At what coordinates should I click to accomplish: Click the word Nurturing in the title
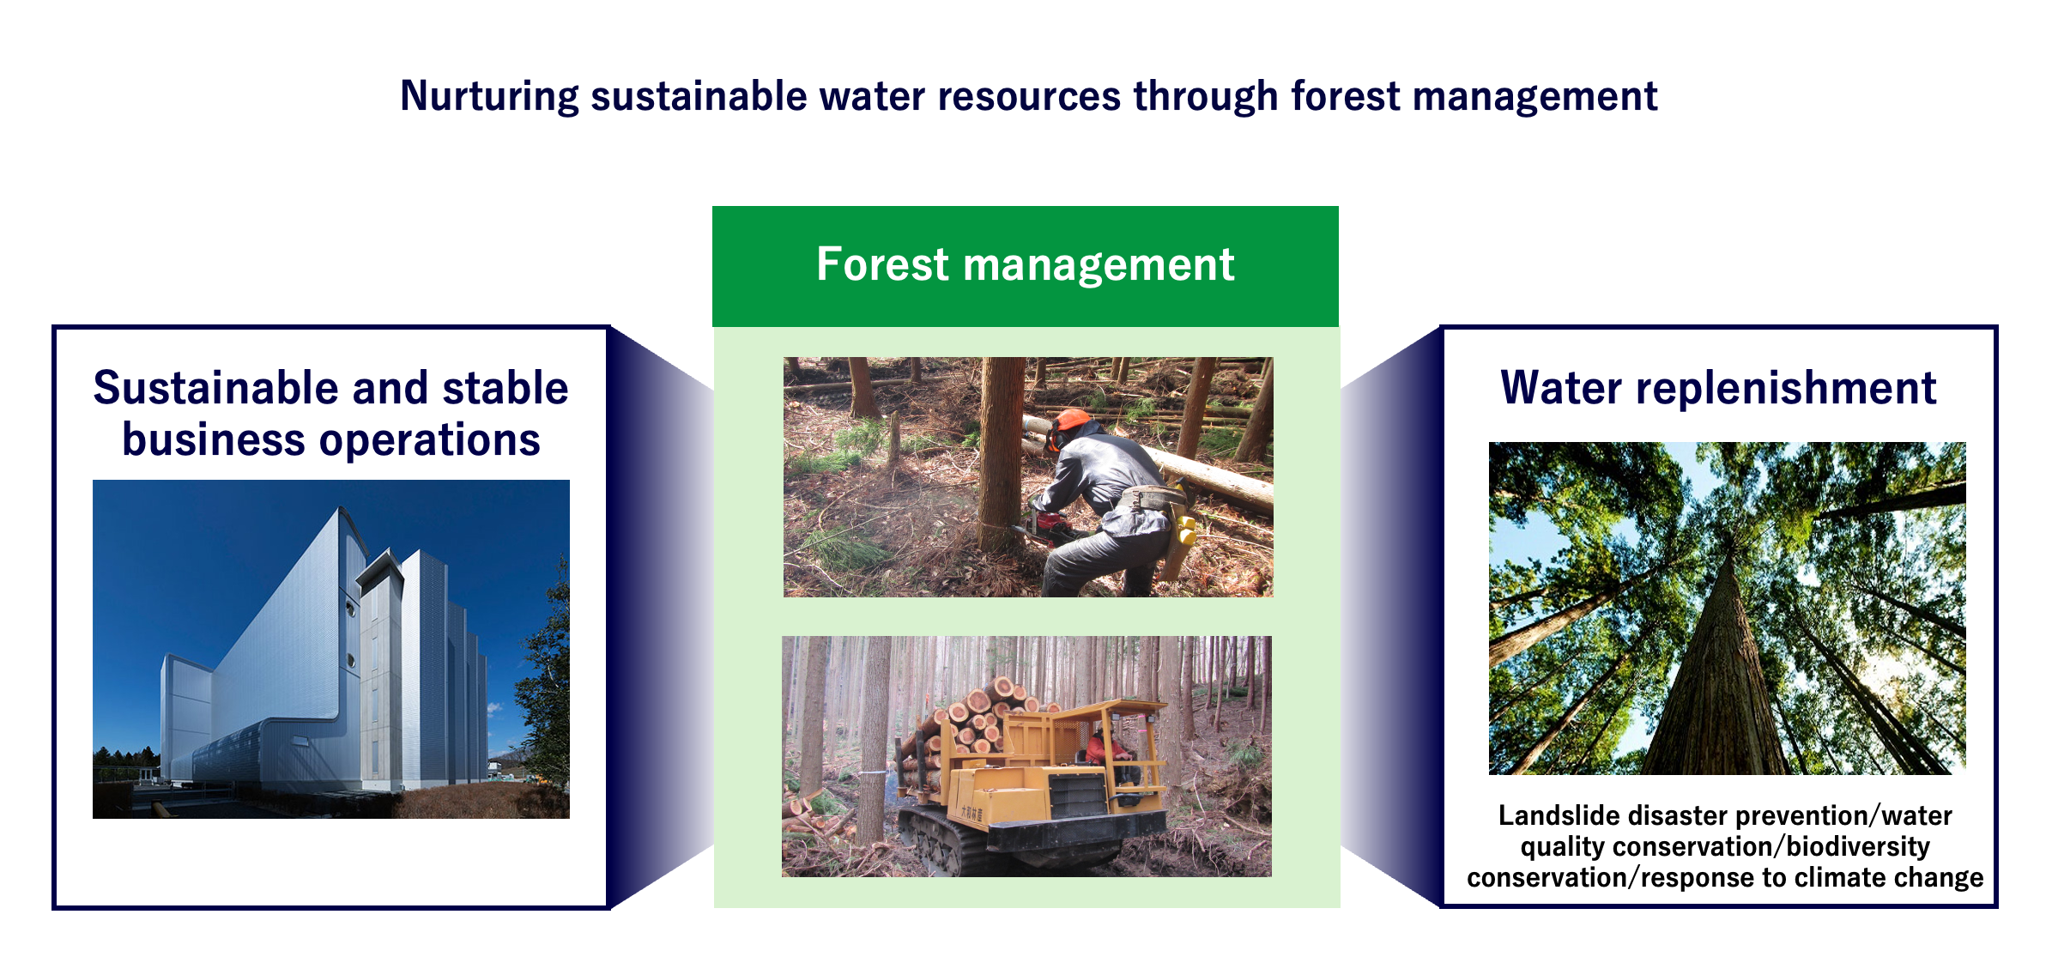(489, 97)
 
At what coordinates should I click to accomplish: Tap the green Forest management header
(1026, 266)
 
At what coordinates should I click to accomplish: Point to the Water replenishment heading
(1718, 389)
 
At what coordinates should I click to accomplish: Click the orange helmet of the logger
(1069, 424)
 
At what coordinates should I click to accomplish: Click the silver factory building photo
(331, 649)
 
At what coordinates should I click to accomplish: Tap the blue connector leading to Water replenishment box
(1390, 618)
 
